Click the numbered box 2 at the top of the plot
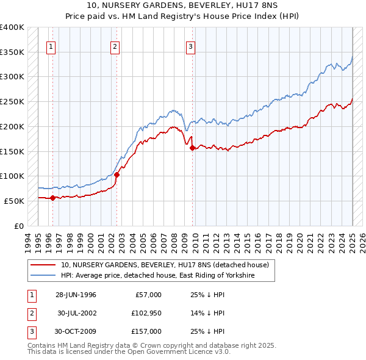(115, 46)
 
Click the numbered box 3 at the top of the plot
(190, 46)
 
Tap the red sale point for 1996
(53, 197)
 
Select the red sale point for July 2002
(117, 175)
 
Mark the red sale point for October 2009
(192, 148)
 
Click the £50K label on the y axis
(14, 201)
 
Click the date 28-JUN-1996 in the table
(76, 295)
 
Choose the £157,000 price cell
(147, 331)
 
